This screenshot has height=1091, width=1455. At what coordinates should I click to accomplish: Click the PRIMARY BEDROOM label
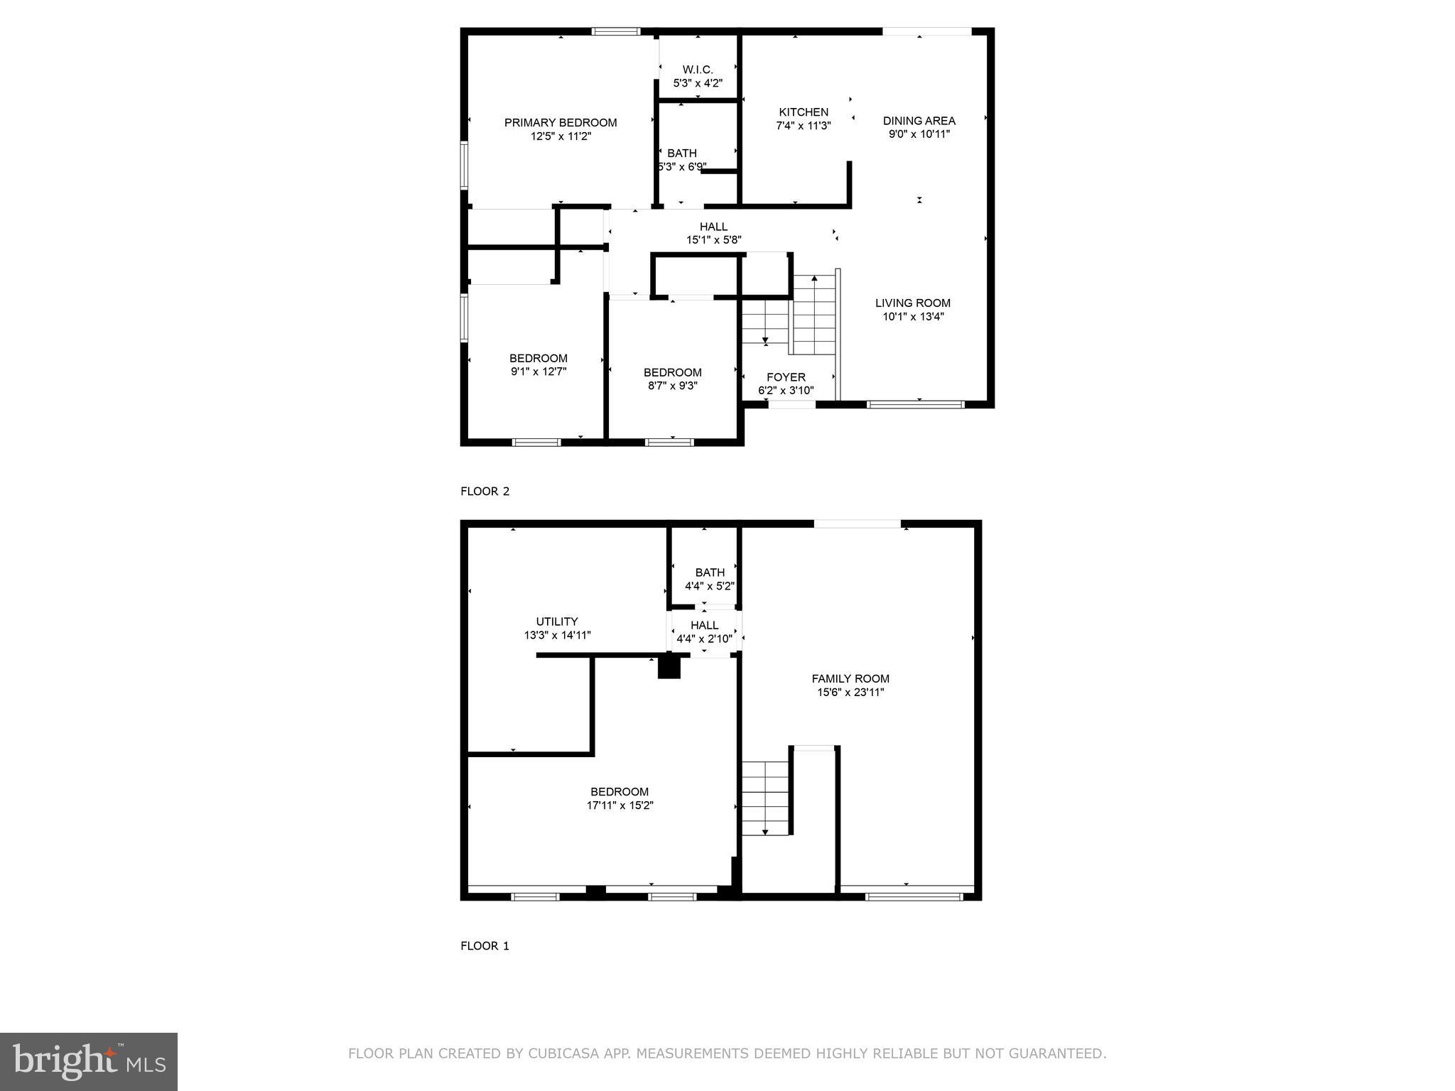pyautogui.click(x=561, y=123)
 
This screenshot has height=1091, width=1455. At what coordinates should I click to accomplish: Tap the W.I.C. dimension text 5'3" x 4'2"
pyautogui.click(x=698, y=83)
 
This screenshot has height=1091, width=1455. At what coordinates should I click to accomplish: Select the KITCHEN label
pyautogui.click(x=804, y=112)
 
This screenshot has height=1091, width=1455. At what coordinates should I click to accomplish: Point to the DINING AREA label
pyautogui.click(x=919, y=121)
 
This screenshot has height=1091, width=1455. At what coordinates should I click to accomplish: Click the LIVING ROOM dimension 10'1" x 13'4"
pyautogui.click(x=913, y=317)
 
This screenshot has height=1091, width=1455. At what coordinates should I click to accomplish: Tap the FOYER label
pyautogui.click(x=786, y=377)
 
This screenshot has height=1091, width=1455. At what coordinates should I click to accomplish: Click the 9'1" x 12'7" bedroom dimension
pyautogui.click(x=539, y=371)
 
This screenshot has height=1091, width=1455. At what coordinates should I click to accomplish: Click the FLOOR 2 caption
pyautogui.click(x=485, y=492)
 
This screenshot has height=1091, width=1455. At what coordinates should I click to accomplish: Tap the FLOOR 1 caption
pyautogui.click(x=485, y=946)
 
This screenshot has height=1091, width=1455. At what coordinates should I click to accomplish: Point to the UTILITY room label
pyautogui.click(x=557, y=622)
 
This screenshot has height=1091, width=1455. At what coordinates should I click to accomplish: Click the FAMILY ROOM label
pyautogui.click(x=850, y=679)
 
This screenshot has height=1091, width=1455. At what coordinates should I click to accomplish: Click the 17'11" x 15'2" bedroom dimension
pyautogui.click(x=620, y=805)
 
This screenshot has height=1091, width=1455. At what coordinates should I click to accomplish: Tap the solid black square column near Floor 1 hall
pyautogui.click(x=669, y=667)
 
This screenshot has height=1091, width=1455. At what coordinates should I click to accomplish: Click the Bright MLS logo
pyautogui.click(x=89, y=1061)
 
